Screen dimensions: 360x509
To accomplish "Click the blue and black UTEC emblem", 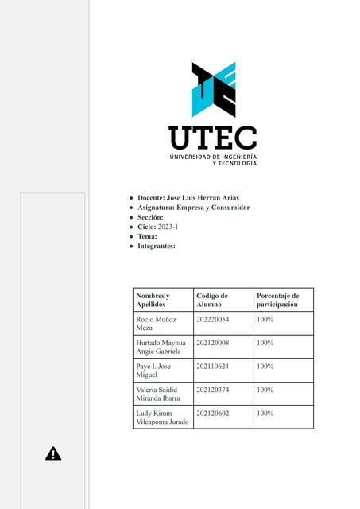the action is [x=213, y=90].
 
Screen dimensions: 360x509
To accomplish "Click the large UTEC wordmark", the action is [x=212, y=138].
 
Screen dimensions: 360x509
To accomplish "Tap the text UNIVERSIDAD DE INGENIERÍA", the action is [x=212, y=157].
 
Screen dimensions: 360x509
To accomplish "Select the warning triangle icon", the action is [x=53, y=454].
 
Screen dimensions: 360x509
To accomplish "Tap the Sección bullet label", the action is [x=150, y=217].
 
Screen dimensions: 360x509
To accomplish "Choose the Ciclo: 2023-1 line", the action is [x=160, y=227].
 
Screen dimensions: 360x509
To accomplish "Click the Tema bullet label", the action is [x=147, y=236].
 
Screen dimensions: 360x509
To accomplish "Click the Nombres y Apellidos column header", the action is [x=153, y=300].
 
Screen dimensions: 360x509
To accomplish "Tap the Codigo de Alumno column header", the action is [x=212, y=300].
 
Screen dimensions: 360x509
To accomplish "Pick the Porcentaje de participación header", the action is [x=277, y=300].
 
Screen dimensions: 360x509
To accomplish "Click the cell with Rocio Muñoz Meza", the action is [x=155, y=323].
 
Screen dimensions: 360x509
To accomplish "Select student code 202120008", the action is [x=212, y=343].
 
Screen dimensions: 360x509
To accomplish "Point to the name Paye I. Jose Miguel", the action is [x=154, y=370].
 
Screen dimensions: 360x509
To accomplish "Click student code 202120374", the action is [x=212, y=390].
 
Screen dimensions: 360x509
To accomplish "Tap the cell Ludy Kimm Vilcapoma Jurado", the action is [x=162, y=417].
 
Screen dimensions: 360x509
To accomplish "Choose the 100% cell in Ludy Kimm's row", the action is [x=265, y=414].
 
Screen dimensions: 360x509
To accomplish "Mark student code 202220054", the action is [x=212, y=319].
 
